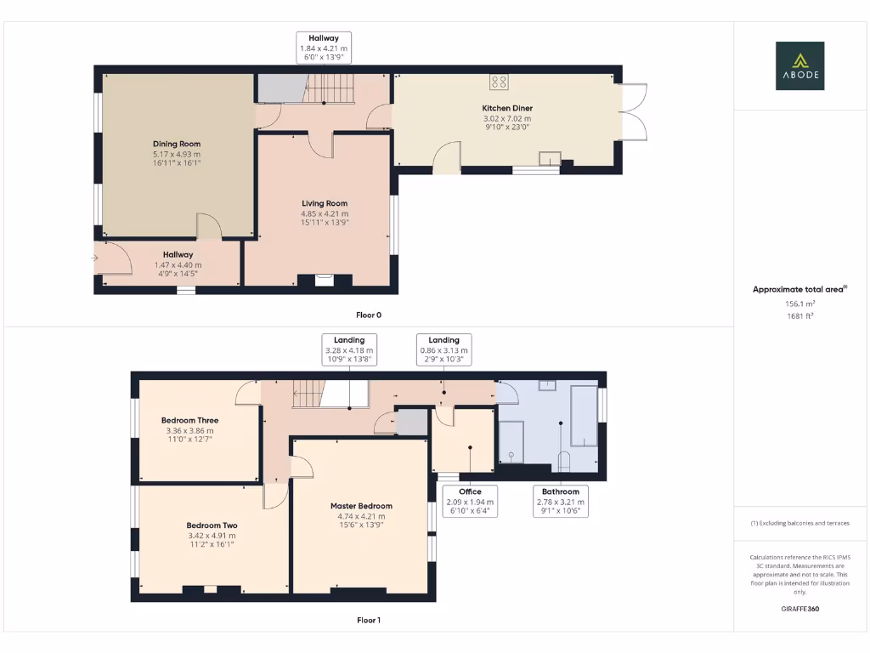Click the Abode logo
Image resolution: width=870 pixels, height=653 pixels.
pos(799,66)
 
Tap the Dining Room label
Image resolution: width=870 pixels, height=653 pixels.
pos(177,145)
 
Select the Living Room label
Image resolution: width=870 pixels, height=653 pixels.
pos(325,204)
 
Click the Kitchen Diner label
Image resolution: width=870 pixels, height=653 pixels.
pos(507,109)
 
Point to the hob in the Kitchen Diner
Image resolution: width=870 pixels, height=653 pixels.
pos(499,82)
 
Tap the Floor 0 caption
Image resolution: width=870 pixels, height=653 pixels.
pos(369,315)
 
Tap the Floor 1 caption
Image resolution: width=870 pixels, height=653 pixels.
pos(369,621)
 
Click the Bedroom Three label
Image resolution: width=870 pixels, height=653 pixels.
pos(189,420)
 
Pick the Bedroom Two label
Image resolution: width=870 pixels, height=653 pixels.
pos(212,525)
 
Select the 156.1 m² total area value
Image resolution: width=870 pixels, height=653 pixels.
pos(799,304)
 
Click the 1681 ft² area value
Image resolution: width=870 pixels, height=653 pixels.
pos(799,316)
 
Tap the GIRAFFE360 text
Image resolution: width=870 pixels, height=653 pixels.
pos(799,609)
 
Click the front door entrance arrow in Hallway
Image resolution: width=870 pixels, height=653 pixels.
pos(97,258)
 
